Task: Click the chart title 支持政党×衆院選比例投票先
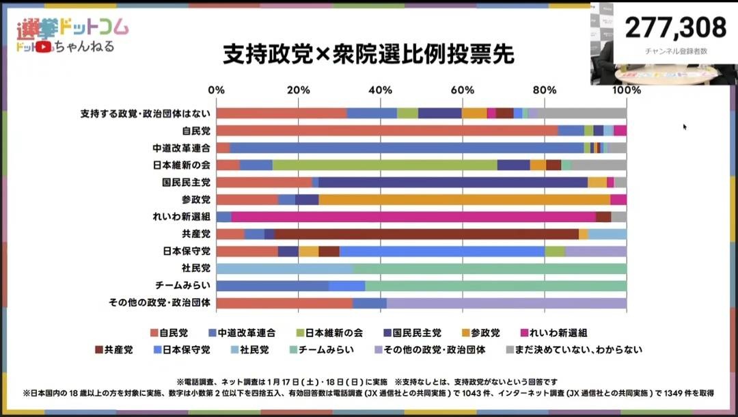point(368,55)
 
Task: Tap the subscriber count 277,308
point(675,28)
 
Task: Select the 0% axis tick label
point(216,90)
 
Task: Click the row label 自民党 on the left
point(196,131)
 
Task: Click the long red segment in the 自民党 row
point(387,131)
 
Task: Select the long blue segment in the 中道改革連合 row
point(407,148)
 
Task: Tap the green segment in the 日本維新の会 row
point(385,165)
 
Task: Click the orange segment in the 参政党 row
point(464,200)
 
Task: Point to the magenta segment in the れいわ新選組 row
point(413,217)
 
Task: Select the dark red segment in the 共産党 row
point(426,234)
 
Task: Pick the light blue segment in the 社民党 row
point(284,269)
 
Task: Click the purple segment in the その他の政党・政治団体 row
point(506,303)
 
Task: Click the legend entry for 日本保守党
point(184,350)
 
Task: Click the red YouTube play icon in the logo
point(44,46)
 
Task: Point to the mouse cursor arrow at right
point(685,126)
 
